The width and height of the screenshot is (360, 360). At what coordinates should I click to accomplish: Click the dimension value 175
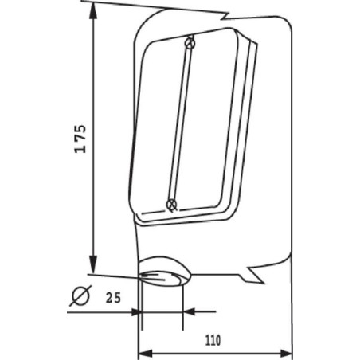80,139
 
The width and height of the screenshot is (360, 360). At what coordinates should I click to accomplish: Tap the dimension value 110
213,340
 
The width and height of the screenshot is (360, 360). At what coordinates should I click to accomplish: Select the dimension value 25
113,297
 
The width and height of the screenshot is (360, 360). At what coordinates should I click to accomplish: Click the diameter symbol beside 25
80,295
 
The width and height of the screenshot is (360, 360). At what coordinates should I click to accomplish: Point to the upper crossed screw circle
190,43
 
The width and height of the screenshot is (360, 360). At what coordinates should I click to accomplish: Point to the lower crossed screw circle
171,205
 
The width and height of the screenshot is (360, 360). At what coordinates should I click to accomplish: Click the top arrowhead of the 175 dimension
92,11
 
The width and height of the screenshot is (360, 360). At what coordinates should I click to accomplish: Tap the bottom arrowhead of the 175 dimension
92,264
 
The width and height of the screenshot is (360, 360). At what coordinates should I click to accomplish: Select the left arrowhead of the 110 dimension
146,353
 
